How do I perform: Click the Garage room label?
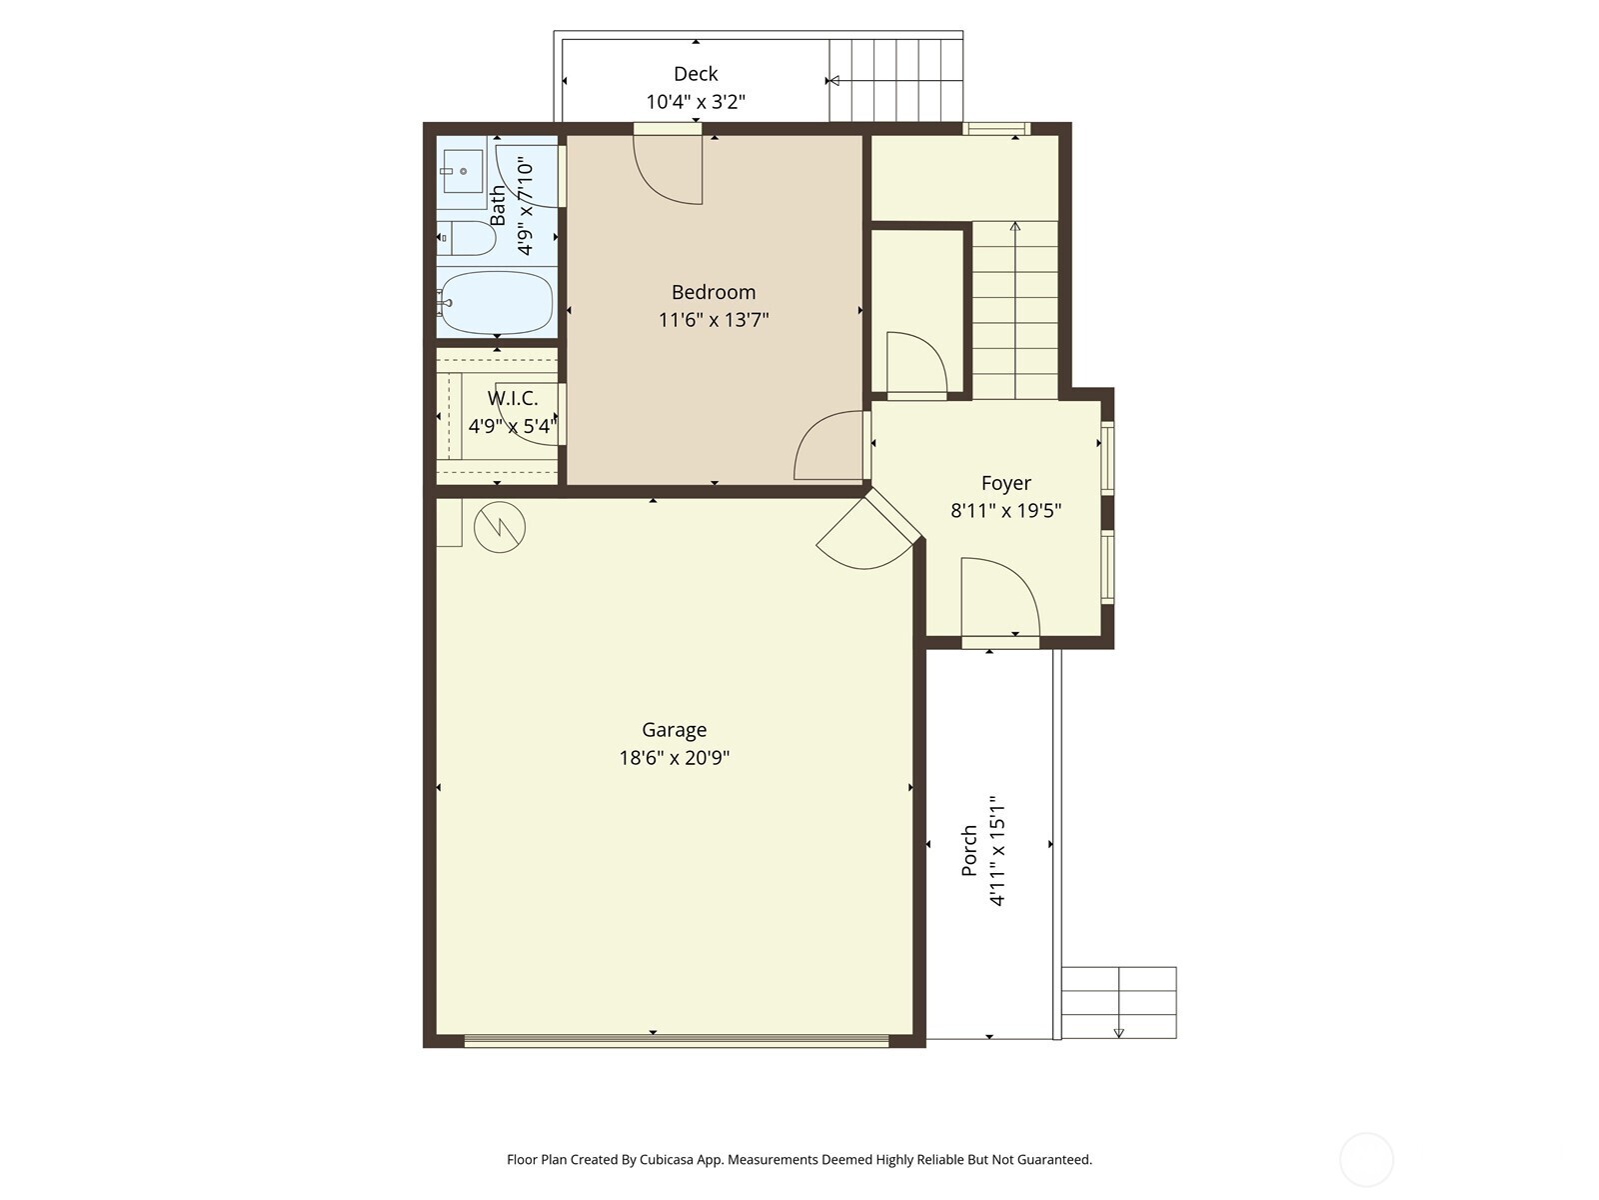pos(674,730)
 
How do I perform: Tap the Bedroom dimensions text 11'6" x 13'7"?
pos(713,320)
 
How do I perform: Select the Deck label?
pos(696,74)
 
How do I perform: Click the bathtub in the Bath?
pos(497,302)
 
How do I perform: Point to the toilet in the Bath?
pos(469,238)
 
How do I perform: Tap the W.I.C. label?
pos(513,399)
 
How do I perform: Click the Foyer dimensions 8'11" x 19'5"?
pos(1005,511)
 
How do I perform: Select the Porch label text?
pos(968,851)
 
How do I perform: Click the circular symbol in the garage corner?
pos(500,526)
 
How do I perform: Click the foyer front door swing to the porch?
pos(999,598)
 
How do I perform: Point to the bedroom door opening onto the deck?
pos(669,166)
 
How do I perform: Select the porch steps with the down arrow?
pos(1118,1003)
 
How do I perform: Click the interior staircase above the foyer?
pos(1014,310)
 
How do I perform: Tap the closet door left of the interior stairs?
pos(915,364)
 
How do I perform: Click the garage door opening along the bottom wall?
pos(676,1041)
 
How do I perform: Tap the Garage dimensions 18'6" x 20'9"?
pos(674,758)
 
